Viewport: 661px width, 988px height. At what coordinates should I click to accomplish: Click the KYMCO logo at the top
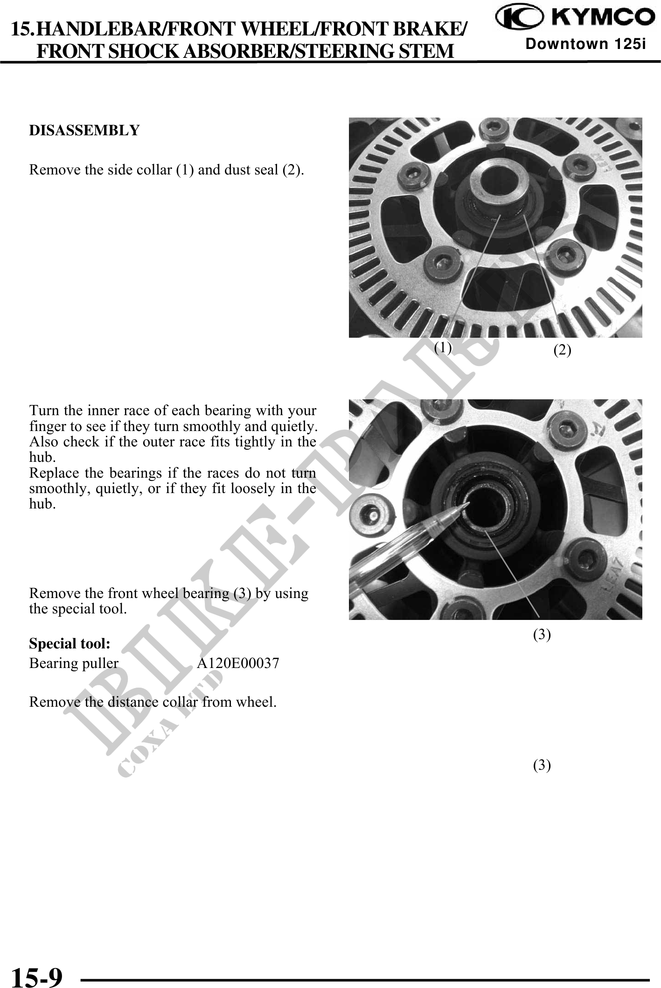coord(575,17)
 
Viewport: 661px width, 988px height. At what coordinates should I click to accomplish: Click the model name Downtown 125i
coord(585,44)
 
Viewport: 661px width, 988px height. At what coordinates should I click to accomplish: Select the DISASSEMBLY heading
coord(84,131)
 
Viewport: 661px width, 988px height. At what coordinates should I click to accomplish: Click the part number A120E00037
coord(238,663)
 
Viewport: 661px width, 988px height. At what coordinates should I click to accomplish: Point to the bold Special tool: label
coord(70,644)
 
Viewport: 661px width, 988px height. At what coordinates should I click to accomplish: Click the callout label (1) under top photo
coord(443,347)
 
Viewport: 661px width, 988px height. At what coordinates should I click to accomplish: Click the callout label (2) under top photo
coord(562,350)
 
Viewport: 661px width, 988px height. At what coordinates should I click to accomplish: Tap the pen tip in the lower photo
coord(466,505)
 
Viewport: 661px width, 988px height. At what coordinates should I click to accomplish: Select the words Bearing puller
coord(74,663)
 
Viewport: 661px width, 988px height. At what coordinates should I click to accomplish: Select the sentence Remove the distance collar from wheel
coord(153,702)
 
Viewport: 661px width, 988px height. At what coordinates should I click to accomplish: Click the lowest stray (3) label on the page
coord(542,765)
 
